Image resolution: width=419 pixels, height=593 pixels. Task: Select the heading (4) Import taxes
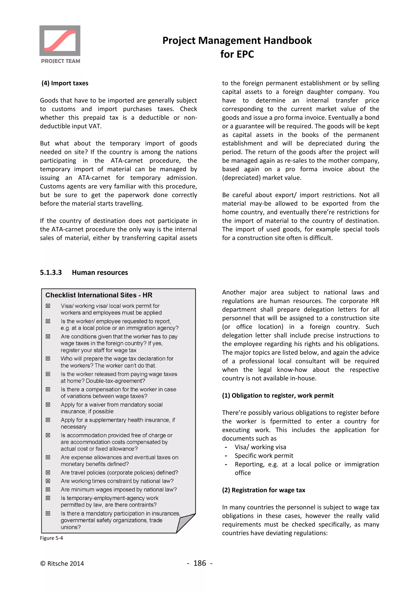pyautogui.click(x=65, y=83)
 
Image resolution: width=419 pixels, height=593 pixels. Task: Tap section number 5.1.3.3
pyautogui.click(x=51, y=273)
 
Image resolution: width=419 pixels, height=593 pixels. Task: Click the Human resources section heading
pyautogui.click(x=100, y=273)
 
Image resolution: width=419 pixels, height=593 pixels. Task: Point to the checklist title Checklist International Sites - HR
pyautogui.click(x=99, y=295)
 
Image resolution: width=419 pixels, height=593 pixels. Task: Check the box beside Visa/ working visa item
pyautogui.click(x=48, y=306)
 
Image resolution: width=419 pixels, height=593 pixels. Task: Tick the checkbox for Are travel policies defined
pyautogui.click(x=48, y=472)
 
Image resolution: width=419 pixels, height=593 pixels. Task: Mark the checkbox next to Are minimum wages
pyautogui.click(x=48, y=489)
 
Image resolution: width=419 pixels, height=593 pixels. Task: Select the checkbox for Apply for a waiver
pyautogui.click(x=48, y=405)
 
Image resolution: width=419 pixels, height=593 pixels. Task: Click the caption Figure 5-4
pyautogui.click(x=51, y=538)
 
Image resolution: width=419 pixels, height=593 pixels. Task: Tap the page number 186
pyautogui.click(x=199, y=563)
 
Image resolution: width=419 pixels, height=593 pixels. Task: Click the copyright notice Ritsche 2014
pyautogui.click(x=62, y=563)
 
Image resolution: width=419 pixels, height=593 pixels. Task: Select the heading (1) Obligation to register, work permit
pyautogui.click(x=278, y=395)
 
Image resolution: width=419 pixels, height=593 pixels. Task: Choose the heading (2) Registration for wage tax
pyautogui.click(x=264, y=490)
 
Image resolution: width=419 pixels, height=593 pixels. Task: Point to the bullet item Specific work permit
pyautogui.click(x=264, y=456)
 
